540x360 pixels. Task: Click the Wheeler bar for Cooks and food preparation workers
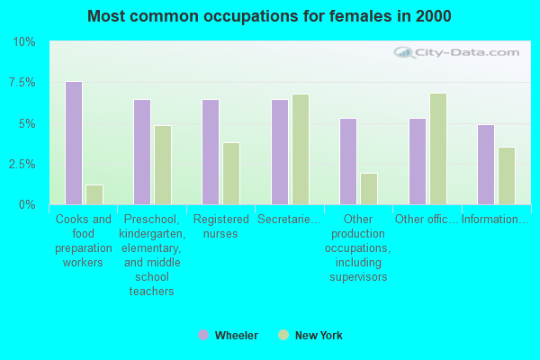pyautogui.click(x=74, y=143)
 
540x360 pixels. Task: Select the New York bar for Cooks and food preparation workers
pyautogui.click(x=94, y=194)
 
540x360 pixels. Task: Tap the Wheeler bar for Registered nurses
pyautogui.click(x=211, y=152)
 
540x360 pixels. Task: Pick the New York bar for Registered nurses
pyautogui.click(x=231, y=174)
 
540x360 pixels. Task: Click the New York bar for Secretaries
pyautogui.click(x=300, y=149)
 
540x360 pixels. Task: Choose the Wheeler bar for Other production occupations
pyautogui.click(x=348, y=162)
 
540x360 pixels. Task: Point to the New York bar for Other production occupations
pyautogui.click(x=369, y=189)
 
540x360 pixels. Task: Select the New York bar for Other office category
pyautogui.click(x=438, y=148)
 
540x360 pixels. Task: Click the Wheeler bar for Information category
pyautogui.click(x=486, y=165)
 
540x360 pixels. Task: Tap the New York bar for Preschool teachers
pyautogui.click(x=163, y=165)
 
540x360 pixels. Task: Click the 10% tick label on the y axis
pyautogui.click(x=24, y=42)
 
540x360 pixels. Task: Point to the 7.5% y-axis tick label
pyautogui.click(x=22, y=83)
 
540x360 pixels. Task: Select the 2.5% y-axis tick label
pyautogui.click(x=22, y=165)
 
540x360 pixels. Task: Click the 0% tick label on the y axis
pyautogui.click(x=27, y=205)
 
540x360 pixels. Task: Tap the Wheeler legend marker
pyautogui.click(x=203, y=336)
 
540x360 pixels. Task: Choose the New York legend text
pyautogui.click(x=319, y=336)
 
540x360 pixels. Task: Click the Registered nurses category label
pyautogui.click(x=220, y=227)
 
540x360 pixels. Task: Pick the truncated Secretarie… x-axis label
pyautogui.click(x=289, y=220)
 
